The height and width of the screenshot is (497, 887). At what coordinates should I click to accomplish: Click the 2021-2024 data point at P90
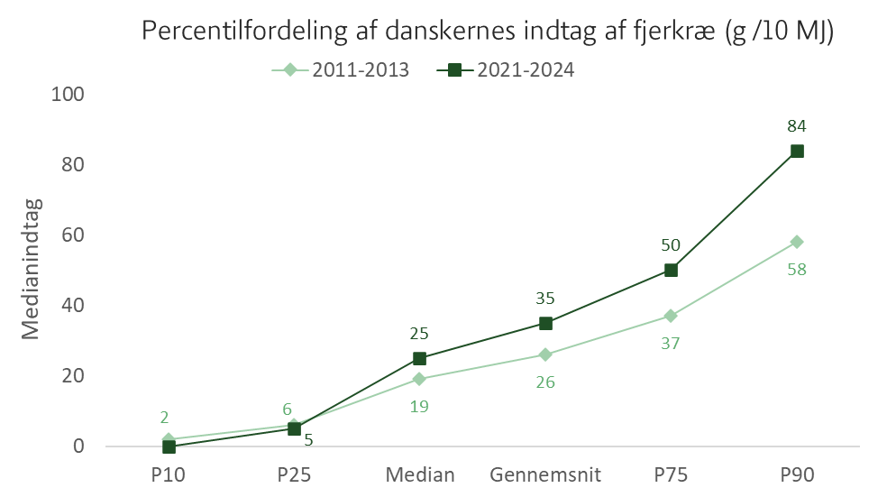pos(797,152)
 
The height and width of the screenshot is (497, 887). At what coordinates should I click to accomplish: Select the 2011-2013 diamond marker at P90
pos(797,242)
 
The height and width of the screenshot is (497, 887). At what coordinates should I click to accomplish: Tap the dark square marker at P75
pos(671,270)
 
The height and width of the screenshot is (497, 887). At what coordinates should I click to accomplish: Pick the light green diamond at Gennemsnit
pos(545,354)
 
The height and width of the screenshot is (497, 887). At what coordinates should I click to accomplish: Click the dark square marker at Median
pos(419,358)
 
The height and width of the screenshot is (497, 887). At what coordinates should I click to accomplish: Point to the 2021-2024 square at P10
pos(169,446)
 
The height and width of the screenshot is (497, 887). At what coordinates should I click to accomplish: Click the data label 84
pos(797,125)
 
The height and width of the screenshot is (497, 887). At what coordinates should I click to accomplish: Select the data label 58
pos(797,270)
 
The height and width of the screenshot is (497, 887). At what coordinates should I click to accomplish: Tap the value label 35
pos(545,299)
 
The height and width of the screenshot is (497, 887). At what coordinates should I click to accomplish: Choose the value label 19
pos(419,407)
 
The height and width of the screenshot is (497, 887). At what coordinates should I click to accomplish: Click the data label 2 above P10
pos(164,418)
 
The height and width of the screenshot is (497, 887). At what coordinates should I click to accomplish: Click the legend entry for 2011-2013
pos(340,69)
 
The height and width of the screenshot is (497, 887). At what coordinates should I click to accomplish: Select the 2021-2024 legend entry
pos(505,69)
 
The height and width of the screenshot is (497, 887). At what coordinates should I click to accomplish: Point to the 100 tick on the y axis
pos(68,94)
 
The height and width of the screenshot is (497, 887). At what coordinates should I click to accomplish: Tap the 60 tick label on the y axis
pos(72,235)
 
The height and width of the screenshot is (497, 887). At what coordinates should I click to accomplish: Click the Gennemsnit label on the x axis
pos(545,474)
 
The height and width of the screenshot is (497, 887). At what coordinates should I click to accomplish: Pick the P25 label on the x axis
pos(294,474)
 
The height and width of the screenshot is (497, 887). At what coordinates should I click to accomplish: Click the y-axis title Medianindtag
pos(32,269)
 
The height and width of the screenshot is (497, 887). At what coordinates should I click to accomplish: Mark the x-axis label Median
pos(420,474)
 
